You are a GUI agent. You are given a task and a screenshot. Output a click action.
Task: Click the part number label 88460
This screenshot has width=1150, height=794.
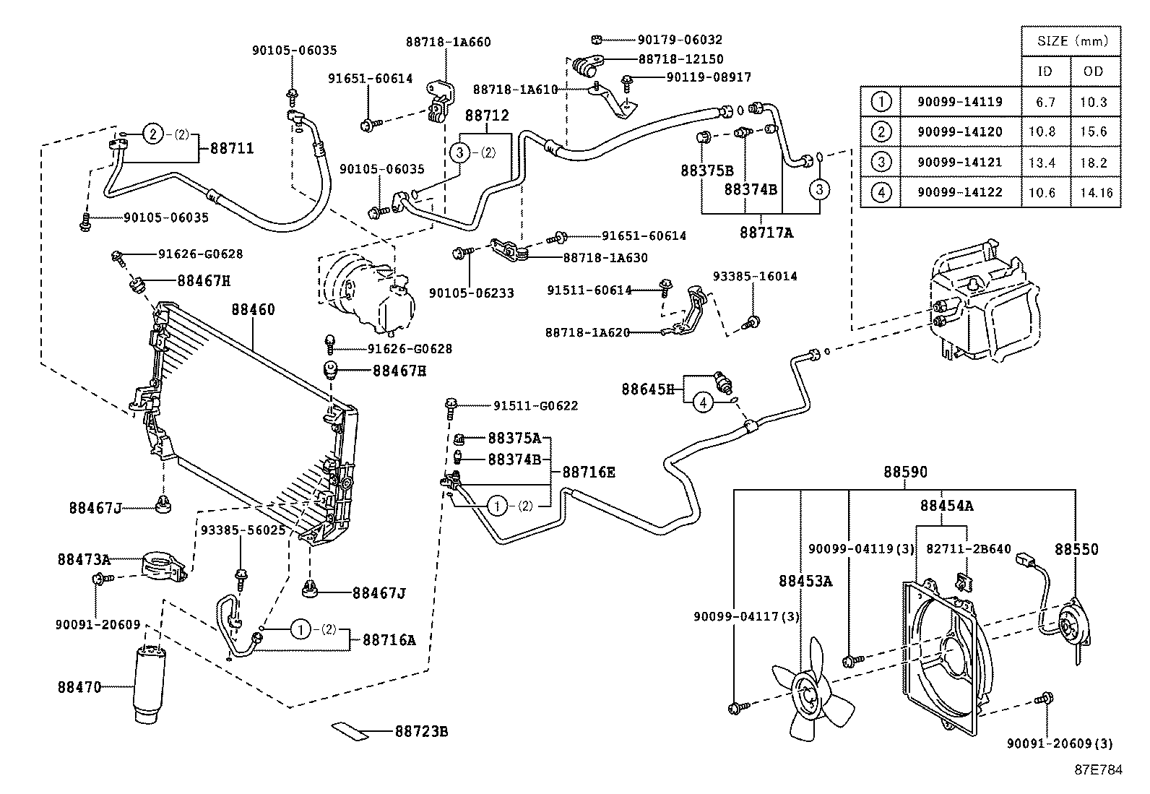(253, 310)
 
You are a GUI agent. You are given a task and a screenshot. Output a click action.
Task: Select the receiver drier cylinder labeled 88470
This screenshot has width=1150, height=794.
(150, 683)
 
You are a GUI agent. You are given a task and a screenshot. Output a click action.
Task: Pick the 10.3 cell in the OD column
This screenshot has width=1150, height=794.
(1093, 102)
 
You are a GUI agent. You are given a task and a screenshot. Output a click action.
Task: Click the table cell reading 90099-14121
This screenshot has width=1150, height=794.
(959, 163)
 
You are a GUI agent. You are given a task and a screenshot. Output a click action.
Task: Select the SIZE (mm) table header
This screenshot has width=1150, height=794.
(1072, 41)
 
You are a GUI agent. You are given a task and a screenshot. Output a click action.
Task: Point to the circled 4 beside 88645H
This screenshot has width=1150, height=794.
(703, 402)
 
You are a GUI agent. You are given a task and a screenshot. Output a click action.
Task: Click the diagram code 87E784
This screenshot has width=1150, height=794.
(1098, 770)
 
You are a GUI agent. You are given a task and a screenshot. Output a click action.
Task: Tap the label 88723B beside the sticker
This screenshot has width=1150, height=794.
(421, 731)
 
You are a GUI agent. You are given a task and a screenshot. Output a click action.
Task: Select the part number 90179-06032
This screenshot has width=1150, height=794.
(680, 40)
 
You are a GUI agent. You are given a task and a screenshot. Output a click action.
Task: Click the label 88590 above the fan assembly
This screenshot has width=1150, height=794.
(905, 472)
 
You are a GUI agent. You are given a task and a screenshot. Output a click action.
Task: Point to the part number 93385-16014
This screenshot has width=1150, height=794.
(755, 276)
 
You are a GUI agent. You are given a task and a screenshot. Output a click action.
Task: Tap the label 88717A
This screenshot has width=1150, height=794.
(766, 233)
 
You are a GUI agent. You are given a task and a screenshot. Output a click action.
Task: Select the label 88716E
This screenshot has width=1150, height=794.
(588, 472)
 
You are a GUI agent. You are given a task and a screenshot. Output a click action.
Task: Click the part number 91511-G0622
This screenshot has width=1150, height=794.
(535, 406)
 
